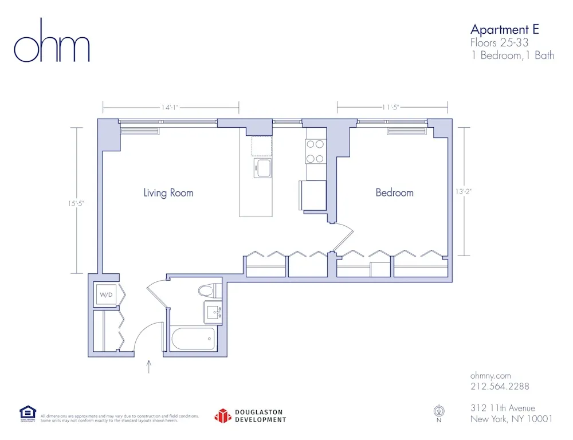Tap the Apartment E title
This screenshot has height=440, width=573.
[x=504, y=29]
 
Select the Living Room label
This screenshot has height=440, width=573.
[x=168, y=192]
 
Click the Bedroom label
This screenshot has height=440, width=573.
[x=394, y=192]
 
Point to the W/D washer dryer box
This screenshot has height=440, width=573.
[x=107, y=295]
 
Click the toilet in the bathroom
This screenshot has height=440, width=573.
[x=210, y=290]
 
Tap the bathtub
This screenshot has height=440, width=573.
[x=193, y=339]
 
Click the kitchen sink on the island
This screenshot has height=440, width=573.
[x=262, y=168]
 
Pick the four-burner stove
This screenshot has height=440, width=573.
[x=315, y=152]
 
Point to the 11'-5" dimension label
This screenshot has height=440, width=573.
[x=391, y=107]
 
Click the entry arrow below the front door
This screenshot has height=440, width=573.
[x=150, y=367]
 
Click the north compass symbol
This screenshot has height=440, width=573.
[x=439, y=411]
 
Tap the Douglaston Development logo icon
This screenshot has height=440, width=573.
[x=223, y=416]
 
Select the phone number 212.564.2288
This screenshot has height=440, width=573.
[x=500, y=386]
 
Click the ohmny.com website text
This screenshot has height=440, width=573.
[x=490, y=375]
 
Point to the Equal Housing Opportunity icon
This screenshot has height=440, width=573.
[x=28, y=413]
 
